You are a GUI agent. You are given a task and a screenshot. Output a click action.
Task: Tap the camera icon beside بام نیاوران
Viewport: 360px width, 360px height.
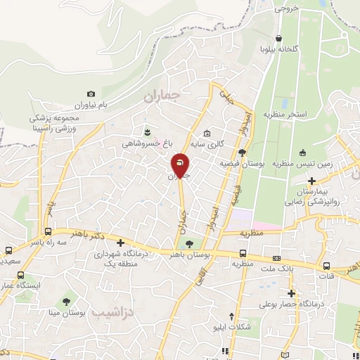tap(91, 94)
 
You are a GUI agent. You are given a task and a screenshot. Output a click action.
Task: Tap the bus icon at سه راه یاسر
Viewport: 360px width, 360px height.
tap(47, 231)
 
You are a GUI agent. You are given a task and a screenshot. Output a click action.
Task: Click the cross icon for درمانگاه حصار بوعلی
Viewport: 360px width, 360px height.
tap(292, 293)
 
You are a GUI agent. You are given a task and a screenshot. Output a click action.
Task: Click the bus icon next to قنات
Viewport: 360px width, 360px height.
tap(326, 266)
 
